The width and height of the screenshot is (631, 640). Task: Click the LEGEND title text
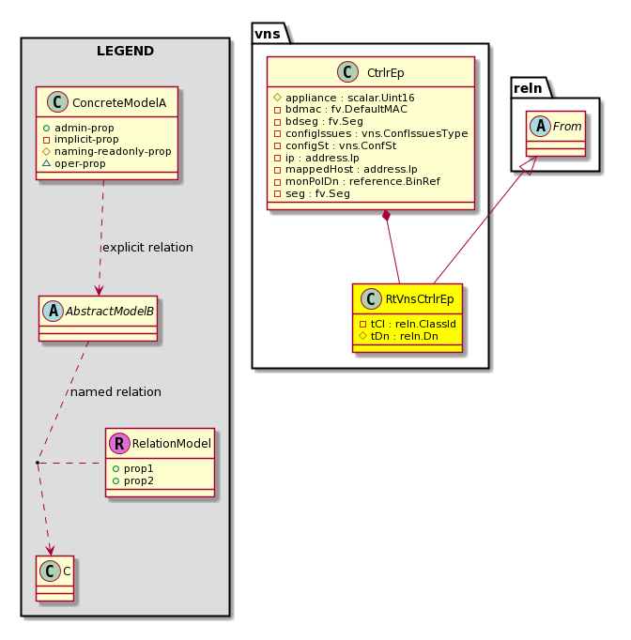point(125,51)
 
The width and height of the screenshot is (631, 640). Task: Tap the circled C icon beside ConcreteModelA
point(57,101)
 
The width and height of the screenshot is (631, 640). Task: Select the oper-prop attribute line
point(74,163)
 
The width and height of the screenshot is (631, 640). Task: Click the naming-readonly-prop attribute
point(107,151)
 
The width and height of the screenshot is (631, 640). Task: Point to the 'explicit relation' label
point(147,248)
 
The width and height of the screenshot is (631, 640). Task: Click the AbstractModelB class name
point(110,312)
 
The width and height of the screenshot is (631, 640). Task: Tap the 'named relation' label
point(116,392)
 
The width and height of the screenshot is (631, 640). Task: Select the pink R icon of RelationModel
point(119,443)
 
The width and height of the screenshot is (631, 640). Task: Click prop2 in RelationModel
point(133,480)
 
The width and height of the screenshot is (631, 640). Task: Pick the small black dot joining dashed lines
point(38,463)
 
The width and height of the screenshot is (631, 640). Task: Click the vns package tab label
point(268,34)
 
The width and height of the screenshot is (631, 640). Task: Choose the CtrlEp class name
point(386,72)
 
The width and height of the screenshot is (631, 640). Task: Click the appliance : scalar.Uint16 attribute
point(345,98)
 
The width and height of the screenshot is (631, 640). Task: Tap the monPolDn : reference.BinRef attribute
point(358,181)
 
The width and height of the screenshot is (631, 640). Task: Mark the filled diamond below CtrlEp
point(386,216)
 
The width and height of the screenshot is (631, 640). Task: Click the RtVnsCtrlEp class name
point(420,299)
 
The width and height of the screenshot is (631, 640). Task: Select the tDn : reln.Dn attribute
point(399,336)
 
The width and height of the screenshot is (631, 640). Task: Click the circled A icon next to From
point(540,126)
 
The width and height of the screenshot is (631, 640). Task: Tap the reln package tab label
point(528,88)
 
